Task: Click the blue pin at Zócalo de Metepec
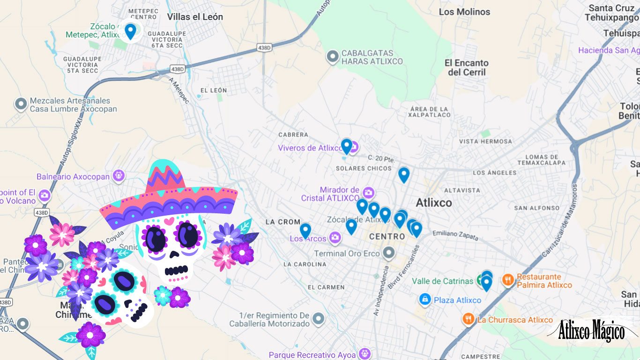[130, 31]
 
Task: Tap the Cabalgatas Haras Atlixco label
[372, 57]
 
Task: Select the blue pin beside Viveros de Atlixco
[346, 146]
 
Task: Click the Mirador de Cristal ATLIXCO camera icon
[369, 192]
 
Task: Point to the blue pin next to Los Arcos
[305, 231]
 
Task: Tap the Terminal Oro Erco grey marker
[388, 254]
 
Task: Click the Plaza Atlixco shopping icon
[425, 300]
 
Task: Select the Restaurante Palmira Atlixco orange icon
[508, 280]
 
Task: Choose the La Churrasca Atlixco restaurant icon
[469, 320]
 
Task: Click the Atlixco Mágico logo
[592, 331]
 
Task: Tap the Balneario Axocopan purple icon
[119, 176]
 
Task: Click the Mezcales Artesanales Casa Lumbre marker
[21, 104]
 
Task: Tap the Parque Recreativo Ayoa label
[312, 355]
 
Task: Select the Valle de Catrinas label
[442, 281]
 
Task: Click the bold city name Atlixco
[434, 203]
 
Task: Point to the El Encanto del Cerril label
[466, 67]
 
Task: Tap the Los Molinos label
[464, 12]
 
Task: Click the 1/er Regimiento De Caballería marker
[319, 319]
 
